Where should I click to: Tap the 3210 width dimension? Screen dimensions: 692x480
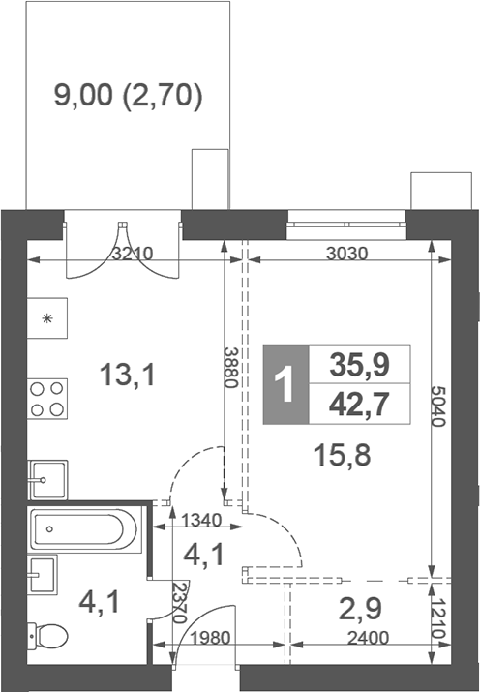[x=132, y=256]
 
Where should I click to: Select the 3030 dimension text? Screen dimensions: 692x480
[x=346, y=256]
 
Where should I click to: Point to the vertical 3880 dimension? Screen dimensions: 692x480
[x=230, y=367]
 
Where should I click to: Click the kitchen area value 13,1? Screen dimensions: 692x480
[x=128, y=374]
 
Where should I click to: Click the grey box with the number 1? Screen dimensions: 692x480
[x=284, y=384]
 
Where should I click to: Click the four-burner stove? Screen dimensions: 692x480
[x=48, y=398]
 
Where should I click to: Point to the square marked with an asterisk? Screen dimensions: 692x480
[x=47, y=319]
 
